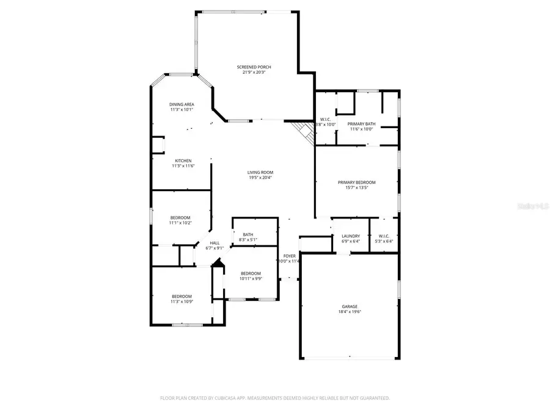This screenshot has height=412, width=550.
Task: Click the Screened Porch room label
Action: tap(254, 67)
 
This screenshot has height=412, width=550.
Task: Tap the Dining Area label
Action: tap(182, 104)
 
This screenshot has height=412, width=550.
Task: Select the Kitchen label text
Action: tap(183, 161)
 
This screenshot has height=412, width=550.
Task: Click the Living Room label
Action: tap(260, 172)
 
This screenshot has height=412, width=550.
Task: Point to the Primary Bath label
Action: tap(362, 124)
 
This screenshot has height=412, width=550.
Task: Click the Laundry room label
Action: tap(351, 236)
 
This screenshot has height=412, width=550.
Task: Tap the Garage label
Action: tap(350, 306)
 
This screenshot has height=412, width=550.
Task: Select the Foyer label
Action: tap(289, 256)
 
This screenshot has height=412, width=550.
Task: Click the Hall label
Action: tap(215, 242)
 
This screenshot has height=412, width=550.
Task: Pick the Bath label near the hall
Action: tap(248, 234)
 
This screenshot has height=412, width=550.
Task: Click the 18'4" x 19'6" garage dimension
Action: tap(350, 311)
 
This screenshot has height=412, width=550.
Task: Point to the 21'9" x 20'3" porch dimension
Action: tap(254, 72)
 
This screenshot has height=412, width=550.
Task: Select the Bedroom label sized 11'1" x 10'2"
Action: tap(180, 217)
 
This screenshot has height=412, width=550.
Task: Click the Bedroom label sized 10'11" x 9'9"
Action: tap(251, 273)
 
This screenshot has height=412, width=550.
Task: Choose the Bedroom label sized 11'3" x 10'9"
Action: tap(182, 296)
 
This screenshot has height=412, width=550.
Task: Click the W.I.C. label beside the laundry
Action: tap(384, 236)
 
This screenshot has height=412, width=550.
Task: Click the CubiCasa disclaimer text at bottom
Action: tap(274, 398)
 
